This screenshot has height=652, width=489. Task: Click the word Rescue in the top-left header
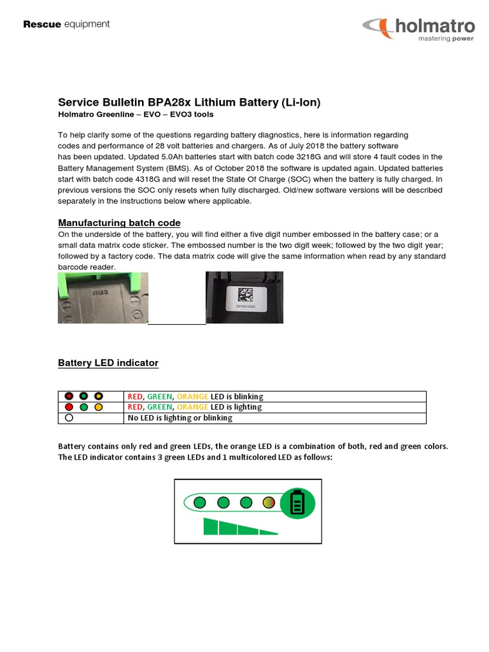coord(42,25)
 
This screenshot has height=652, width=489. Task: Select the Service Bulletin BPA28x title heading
coord(189,103)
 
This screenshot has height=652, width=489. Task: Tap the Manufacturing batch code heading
coord(119,223)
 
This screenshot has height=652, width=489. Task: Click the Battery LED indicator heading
coord(108,363)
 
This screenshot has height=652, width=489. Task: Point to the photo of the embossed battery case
coord(103,297)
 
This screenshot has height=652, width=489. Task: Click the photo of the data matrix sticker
coord(244,297)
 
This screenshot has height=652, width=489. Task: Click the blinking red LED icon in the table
coord(69,396)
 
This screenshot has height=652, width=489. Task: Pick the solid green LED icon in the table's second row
coord(83,407)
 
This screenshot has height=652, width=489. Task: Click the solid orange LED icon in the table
coord(98,407)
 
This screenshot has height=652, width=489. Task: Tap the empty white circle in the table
coord(69,418)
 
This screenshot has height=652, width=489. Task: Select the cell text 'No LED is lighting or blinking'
coord(180,418)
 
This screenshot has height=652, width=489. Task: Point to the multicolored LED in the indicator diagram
coord(268,503)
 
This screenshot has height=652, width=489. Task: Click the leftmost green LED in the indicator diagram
coord(199,503)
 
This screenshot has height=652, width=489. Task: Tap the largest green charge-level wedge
coord(211,526)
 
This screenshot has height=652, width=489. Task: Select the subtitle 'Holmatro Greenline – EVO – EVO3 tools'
coord(136,115)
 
